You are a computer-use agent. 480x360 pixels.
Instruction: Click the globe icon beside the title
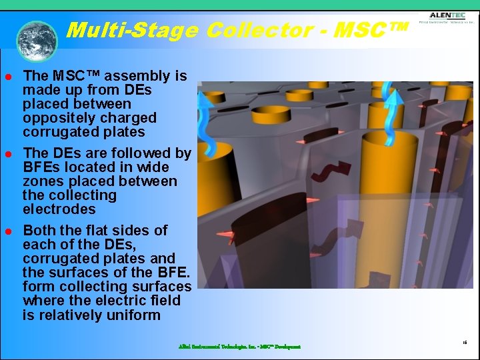(37, 41)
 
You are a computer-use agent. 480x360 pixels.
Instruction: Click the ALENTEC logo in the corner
(447, 18)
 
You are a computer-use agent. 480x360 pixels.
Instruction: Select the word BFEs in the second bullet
(42, 167)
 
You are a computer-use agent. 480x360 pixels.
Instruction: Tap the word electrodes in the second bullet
(59, 209)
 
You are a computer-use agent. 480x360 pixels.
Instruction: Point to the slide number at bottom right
(464, 341)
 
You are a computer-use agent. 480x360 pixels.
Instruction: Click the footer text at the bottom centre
(239, 347)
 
